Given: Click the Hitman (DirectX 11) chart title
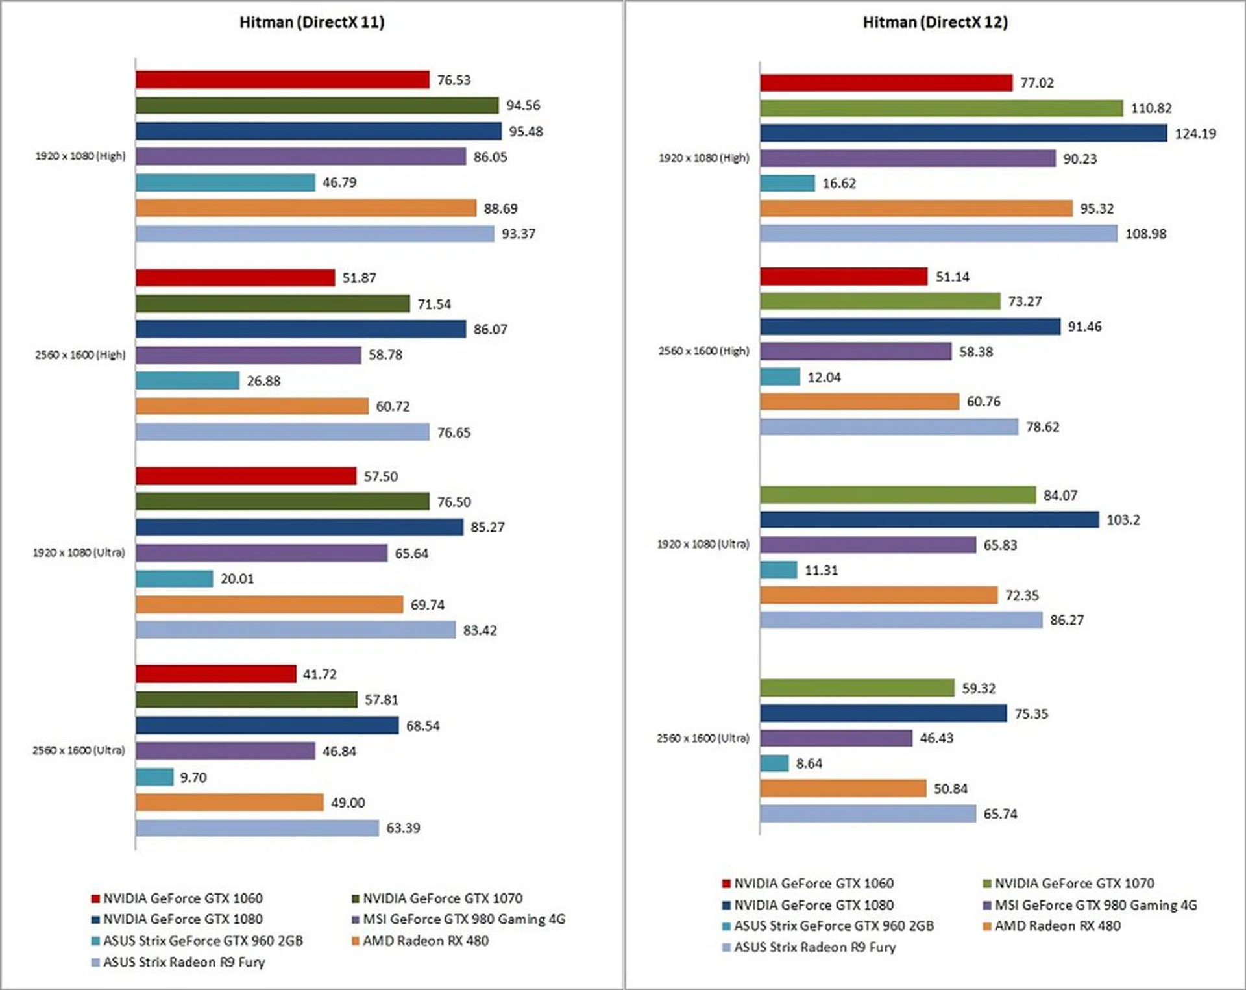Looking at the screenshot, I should pyautogui.click(x=311, y=22).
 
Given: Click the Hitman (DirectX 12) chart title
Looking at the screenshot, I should pyautogui.click(x=935, y=22).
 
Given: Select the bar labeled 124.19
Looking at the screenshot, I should pyautogui.click(x=963, y=133).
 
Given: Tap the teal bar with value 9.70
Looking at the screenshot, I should pyautogui.click(x=154, y=777).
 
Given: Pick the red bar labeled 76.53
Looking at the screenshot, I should pyautogui.click(x=282, y=80).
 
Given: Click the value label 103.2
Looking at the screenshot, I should pyautogui.click(x=1123, y=520).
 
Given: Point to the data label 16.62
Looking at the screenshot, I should pyautogui.click(x=839, y=184).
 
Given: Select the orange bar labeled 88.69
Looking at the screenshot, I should pyautogui.click(x=306, y=208).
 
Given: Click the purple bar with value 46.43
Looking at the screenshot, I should pyautogui.click(x=836, y=738).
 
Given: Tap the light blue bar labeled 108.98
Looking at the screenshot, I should pyautogui.click(x=938, y=234).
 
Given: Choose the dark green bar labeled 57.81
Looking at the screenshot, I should pyautogui.click(x=247, y=700).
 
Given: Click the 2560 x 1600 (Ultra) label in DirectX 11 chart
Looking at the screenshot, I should pyautogui.click(x=79, y=750).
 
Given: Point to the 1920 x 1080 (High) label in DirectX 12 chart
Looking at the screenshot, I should pyautogui.click(x=703, y=158).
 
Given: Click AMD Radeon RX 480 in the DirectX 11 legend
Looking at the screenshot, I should pyautogui.click(x=425, y=941).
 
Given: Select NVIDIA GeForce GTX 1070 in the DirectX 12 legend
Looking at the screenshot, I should pyautogui.click(x=1074, y=884).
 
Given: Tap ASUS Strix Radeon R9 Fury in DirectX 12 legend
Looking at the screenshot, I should pyautogui.click(x=814, y=947).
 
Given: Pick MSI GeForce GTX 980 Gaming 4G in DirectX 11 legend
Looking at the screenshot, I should pyautogui.click(x=463, y=919).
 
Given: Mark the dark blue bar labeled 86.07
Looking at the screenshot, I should pyautogui.click(x=300, y=329).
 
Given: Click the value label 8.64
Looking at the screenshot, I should pyautogui.click(x=809, y=763).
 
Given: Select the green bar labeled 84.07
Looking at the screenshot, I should pyautogui.click(x=898, y=495).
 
